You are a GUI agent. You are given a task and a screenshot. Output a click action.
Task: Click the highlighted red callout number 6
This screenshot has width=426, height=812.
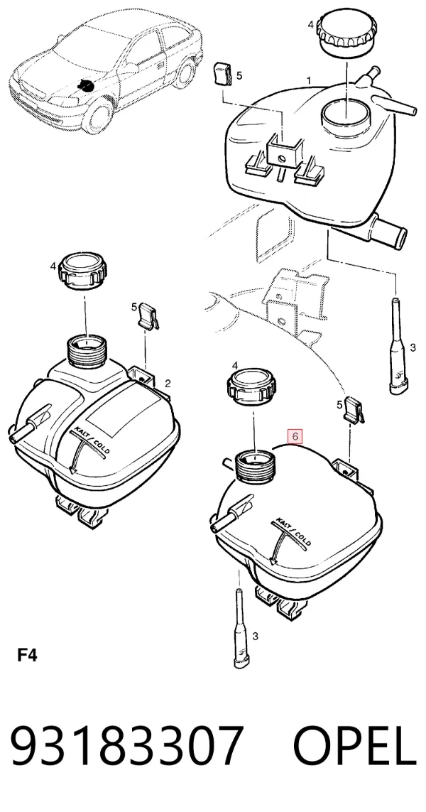pos(295,436)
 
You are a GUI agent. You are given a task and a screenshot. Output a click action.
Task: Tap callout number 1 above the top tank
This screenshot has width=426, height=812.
pos(309,80)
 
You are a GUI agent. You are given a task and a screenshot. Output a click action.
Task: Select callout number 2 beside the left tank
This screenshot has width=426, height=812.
pos(168,384)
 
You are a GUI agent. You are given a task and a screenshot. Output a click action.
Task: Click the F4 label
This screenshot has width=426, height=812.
pos(27,655)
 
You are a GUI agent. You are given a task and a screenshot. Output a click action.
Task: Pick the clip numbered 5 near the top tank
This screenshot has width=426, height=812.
pos(222,74)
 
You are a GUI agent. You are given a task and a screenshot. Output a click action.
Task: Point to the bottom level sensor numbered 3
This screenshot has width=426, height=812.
pos(240,629)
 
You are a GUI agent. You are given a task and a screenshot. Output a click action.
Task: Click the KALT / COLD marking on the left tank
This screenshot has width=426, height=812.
pos(92,440)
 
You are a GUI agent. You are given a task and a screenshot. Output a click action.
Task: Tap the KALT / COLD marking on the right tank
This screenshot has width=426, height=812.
pos(293,532)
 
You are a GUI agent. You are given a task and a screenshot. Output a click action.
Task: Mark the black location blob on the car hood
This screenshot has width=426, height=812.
pos(84,85)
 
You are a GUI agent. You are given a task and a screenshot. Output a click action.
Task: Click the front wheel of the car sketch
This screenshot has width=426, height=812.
pos(99,116)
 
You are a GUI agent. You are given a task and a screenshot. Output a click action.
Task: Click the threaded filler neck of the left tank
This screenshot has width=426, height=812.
pos(87,351)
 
